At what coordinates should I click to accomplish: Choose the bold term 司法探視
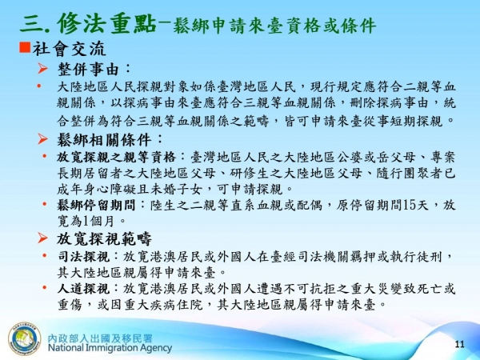pyautogui.click(x=82, y=256)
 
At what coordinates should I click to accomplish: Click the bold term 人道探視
pyautogui.click(x=82, y=287)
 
